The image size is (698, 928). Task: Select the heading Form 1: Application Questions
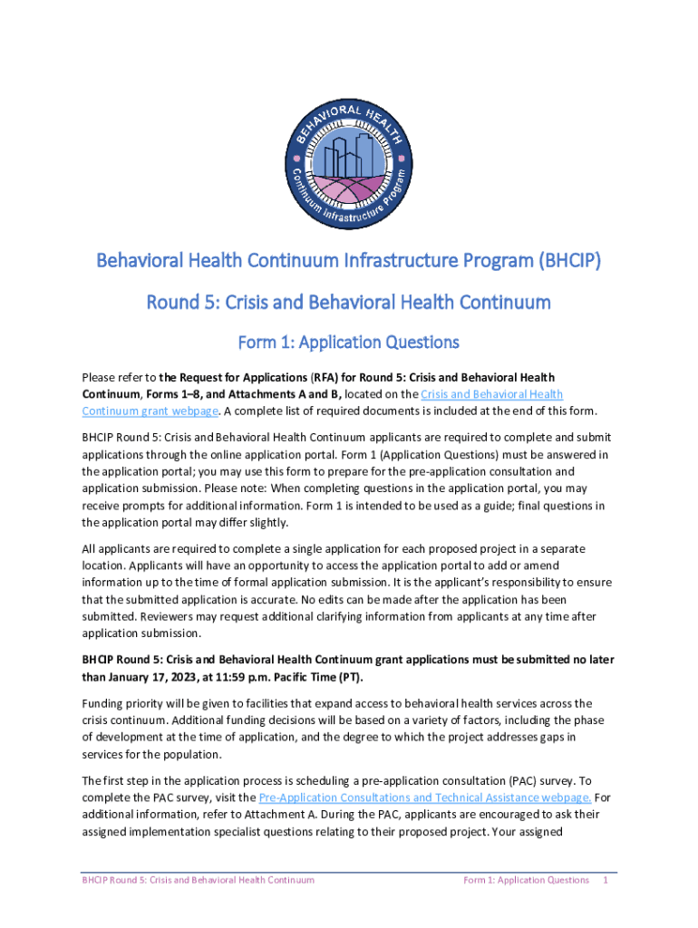(348, 342)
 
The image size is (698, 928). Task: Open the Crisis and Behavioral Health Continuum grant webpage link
(323, 402)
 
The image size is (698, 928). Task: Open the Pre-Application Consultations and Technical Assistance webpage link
(425, 797)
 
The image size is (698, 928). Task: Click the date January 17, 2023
(153, 677)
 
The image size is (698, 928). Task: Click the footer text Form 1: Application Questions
(526, 879)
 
